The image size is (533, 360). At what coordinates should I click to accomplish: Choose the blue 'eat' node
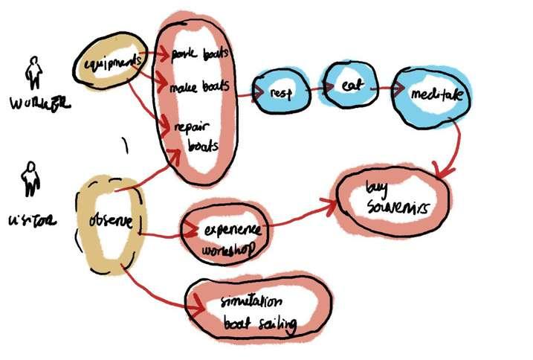[351, 87]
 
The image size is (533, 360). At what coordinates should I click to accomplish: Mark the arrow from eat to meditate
[381, 88]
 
